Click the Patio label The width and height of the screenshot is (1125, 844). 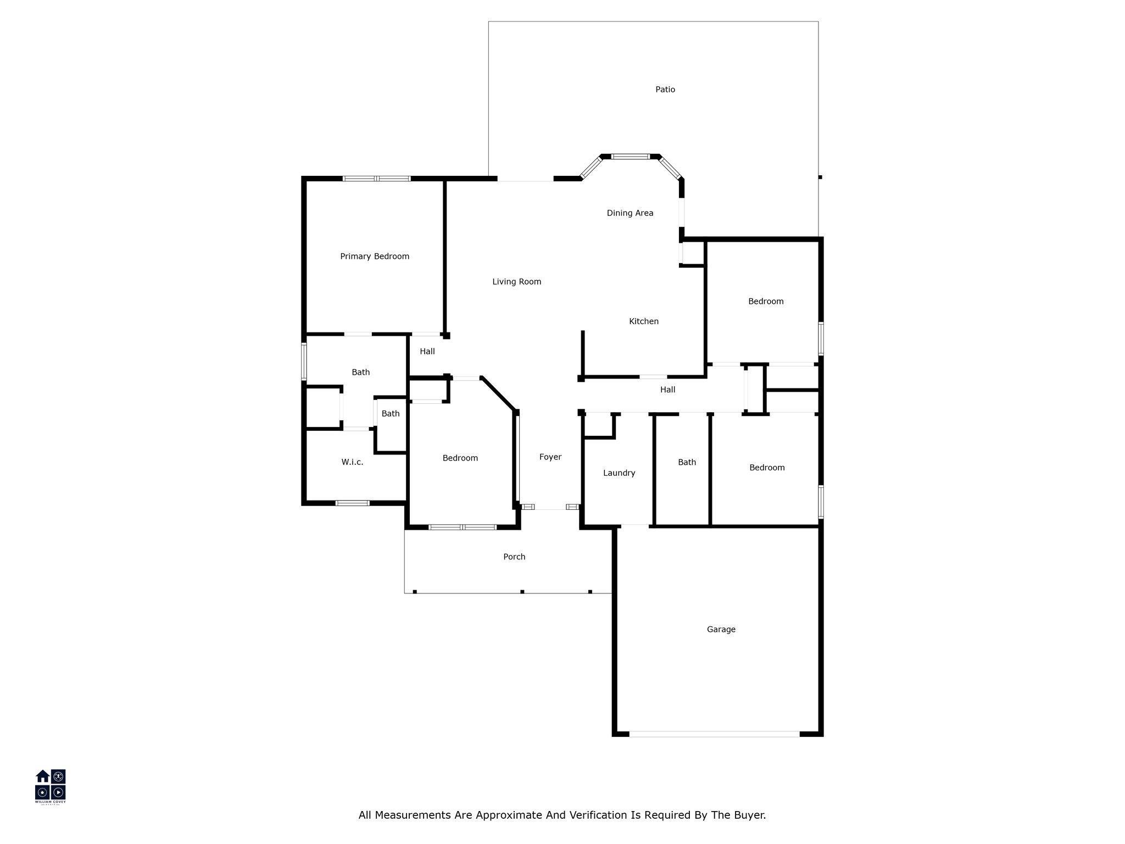[x=665, y=90]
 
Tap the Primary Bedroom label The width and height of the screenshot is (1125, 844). [x=375, y=257]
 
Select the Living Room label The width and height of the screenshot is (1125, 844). [x=516, y=282]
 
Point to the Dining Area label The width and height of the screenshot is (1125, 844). [x=630, y=213]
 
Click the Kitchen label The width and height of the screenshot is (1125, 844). [x=644, y=321]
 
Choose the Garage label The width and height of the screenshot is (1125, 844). [x=721, y=630]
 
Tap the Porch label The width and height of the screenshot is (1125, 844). [x=514, y=557]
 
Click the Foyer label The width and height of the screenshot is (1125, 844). [x=550, y=457]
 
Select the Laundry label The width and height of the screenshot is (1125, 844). [x=619, y=473]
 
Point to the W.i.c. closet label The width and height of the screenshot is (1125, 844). [x=352, y=462]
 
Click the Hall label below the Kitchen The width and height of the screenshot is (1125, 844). [x=667, y=390]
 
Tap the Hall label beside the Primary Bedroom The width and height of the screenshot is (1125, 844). [x=427, y=352]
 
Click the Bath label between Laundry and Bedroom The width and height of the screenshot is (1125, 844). [x=687, y=463]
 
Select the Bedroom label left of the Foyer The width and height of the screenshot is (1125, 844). [x=460, y=458]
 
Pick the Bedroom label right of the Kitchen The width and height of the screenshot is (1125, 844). [x=766, y=302]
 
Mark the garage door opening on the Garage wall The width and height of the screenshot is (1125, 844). [x=714, y=734]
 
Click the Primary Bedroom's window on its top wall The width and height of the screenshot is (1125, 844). [x=377, y=179]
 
